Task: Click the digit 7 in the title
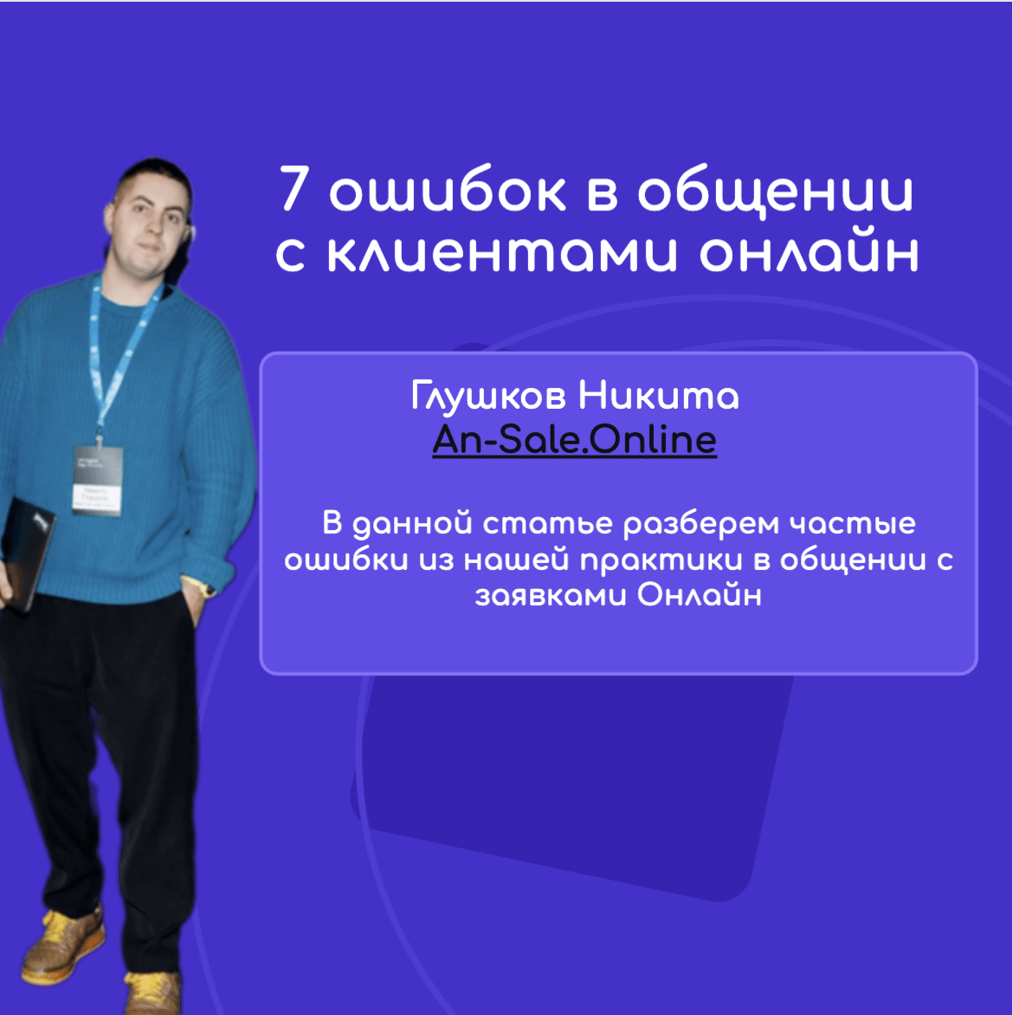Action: coord(294,189)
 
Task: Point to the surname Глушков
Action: coord(488,396)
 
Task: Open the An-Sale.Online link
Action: coord(575,440)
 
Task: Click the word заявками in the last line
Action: coord(551,596)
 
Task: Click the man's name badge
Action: coord(98,480)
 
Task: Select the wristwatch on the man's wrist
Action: coord(206,588)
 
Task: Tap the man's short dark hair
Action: coord(155,176)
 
